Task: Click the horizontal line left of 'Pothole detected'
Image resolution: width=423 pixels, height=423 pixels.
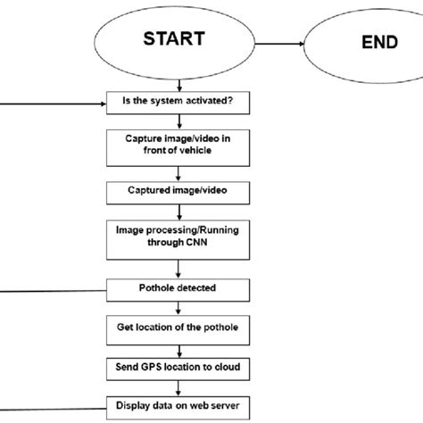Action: [x=54, y=289]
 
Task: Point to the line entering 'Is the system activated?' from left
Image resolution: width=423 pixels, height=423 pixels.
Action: [x=54, y=101]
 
